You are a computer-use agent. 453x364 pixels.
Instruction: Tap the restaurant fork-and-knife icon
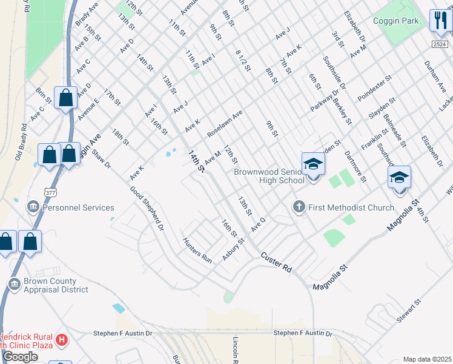(439, 20)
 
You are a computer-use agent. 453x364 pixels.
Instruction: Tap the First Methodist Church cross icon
(298, 207)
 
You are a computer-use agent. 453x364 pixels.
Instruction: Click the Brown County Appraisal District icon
(15, 284)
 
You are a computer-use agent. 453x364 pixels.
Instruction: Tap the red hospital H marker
(61, 340)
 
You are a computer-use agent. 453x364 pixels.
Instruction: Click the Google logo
(20, 357)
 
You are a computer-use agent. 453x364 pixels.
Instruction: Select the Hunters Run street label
(198, 249)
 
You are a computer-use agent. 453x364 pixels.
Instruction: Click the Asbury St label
(233, 249)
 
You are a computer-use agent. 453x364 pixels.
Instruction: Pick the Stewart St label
(410, 309)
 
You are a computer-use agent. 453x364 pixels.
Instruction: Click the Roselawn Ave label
(225, 124)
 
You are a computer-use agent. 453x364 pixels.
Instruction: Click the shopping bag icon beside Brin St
(65, 98)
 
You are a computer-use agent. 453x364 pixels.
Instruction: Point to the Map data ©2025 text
(427, 359)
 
